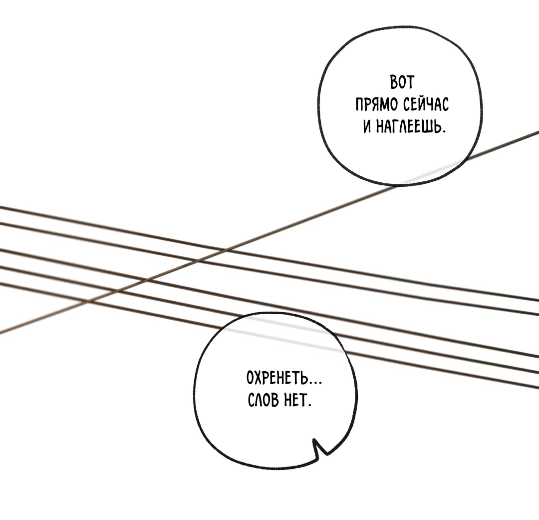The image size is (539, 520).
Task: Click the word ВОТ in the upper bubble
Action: coord(402,82)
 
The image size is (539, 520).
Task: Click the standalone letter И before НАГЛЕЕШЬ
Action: coord(367,127)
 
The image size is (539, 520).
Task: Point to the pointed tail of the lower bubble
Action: coord(316,446)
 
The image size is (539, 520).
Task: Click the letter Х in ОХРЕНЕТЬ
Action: coord(259,378)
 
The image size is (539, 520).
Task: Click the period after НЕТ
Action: coord(309,405)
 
